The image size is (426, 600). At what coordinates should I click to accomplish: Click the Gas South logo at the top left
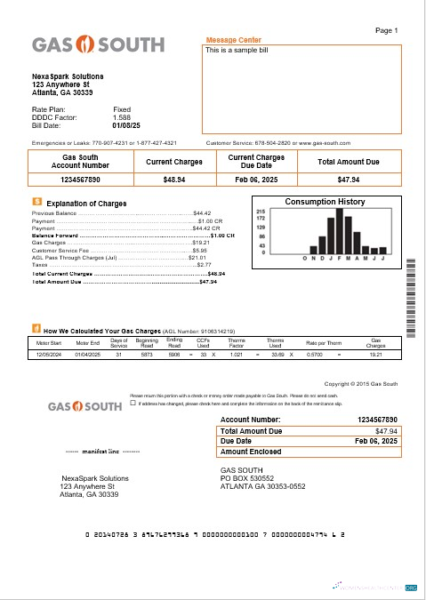click(98, 44)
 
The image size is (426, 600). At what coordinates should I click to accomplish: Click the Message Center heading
click(233, 40)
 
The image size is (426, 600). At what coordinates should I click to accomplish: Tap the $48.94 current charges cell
click(173, 180)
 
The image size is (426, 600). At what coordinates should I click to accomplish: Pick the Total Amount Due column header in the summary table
click(348, 162)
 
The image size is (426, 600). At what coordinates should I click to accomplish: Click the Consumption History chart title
click(325, 202)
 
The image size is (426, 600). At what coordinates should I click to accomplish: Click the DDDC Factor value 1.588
click(122, 117)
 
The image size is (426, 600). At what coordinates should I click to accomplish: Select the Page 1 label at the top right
click(387, 30)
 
